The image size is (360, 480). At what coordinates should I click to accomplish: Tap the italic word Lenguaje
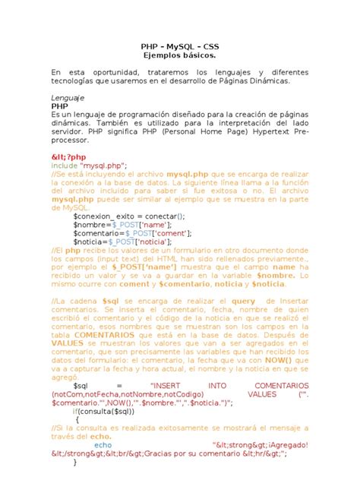(x=68, y=99)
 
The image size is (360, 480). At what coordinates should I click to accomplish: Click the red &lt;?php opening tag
(x=71, y=157)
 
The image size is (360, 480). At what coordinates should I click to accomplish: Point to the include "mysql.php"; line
(x=89, y=166)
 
